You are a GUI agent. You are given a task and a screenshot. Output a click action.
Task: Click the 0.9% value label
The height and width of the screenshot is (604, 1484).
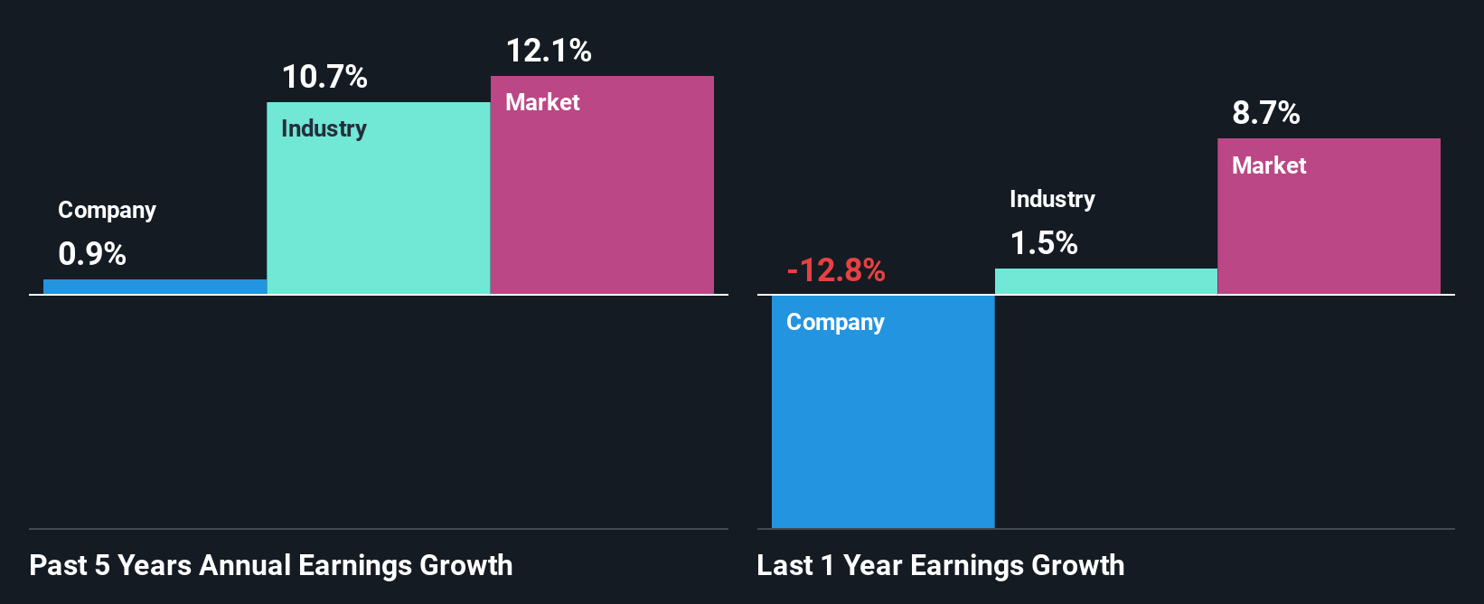click(x=92, y=254)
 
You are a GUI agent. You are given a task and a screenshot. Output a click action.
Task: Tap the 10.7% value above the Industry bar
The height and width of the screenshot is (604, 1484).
click(x=324, y=77)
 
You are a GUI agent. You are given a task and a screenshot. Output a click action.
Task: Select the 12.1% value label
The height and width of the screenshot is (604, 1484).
click(x=549, y=51)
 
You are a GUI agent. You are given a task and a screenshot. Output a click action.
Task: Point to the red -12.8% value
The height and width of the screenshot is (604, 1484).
click(x=836, y=270)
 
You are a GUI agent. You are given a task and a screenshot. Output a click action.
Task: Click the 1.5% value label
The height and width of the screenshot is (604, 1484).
click(x=1044, y=243)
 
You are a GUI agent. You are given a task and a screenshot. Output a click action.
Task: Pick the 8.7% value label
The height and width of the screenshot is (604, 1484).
click(x=1266, y=113)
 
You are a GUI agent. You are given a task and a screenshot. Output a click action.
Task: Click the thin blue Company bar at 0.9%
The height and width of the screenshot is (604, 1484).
click(x=155, y=287)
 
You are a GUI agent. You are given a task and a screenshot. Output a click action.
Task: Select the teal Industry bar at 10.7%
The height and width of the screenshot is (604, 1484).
click(x=378, y=208)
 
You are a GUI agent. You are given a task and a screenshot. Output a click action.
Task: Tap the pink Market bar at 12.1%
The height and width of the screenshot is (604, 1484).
click(x=602, y=199)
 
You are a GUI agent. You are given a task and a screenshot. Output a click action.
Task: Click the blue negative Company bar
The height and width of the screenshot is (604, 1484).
click(x=883, y=425)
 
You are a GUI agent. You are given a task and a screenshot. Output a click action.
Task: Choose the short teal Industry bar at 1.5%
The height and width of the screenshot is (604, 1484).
click(x=1106, y=281)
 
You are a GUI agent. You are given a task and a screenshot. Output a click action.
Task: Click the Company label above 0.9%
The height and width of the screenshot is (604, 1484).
click(x=107, y=210)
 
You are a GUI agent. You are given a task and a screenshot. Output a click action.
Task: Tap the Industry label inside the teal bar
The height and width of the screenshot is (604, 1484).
click(x=324, y=128)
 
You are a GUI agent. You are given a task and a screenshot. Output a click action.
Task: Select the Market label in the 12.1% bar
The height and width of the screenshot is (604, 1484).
click(x=542, y=102)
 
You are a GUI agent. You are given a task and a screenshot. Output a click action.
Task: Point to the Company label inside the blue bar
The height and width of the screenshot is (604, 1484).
click(x=835, y=323)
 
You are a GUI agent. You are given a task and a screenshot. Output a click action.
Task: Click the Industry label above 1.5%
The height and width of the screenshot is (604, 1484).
click(x=1052, y=199)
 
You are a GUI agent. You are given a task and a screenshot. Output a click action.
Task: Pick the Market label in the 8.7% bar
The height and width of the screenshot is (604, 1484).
click(x=1269, y=165)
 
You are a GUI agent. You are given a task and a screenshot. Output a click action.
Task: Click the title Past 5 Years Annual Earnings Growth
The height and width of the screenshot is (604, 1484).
click(x=271, y=565)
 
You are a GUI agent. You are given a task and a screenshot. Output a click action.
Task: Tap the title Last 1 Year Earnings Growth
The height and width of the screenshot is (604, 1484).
click(x=941, y=565)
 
